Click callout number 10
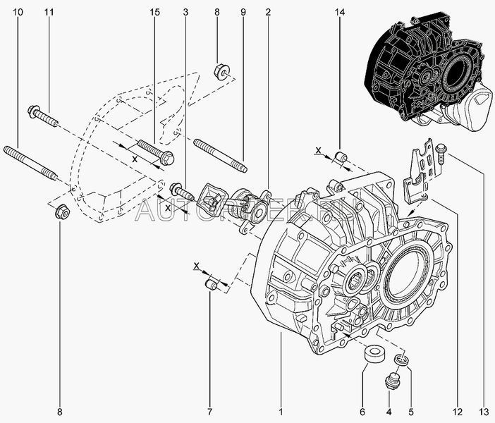pos(18,13)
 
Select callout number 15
pos(154,13)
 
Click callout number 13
pos(483,411)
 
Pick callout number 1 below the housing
pos(280,411)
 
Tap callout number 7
pos(209,411)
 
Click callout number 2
pos(269,13)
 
